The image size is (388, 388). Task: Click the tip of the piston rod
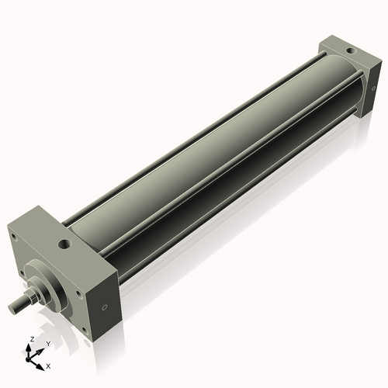coord(12,309)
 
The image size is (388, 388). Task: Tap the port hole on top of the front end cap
coord(64,245)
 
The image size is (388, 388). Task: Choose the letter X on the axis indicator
coord(48,365)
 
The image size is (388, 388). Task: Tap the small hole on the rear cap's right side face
coord(373,90)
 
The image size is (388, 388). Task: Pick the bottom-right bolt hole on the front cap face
coord(83,331)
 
